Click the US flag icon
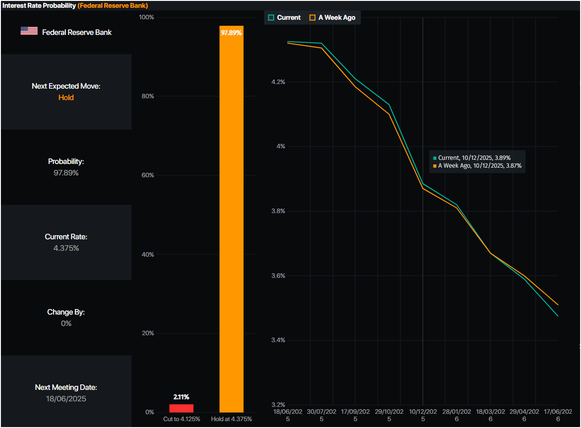pyautogui.click(x=29, y=31)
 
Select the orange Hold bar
pyautogui.click(x=231, y=220)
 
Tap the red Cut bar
pyautogui.click(x=182, y=408)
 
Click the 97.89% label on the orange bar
pyautogui.click(x=231, y=33)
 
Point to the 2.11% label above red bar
pyautogui.click(x=181, y=397)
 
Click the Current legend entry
pyautogui.click(x=284, y=17)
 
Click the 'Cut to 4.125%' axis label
pyautogui.click(x=182, y=419)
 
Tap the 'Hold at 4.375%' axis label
pyautogui.click(x=231, y=419)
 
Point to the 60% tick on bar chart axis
pyautogui.click(x=147, y=175)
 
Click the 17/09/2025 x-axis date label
pyautogui.click(x=355, y=415)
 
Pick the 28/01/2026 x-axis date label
pyautogui.click(x=457, y=415)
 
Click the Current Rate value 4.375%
pyautogui.click(x=66, y=248)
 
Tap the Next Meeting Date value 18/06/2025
pyautogui.click(x=66, y=399)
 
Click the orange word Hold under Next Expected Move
pyautogui.click(x=66, y=97)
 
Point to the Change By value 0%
pyautogui.click(x=66, y=323)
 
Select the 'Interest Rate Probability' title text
pyautogui.click(x=39, y=6)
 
